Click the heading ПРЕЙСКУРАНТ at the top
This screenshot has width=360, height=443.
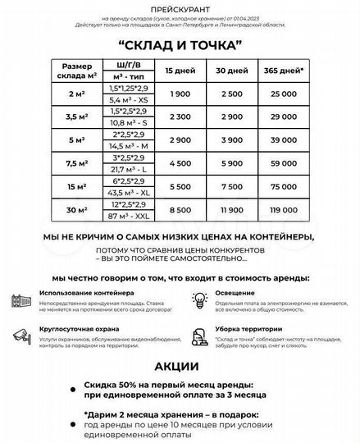coord(180,7)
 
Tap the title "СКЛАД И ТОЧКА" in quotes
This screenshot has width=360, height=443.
coord(180,44)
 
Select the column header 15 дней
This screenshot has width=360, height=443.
coord(180,71)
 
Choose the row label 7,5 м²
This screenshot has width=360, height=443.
coord(83,164)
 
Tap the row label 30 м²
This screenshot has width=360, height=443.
coord(83,210)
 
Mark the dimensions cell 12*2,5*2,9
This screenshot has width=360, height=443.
coord(130,203)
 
